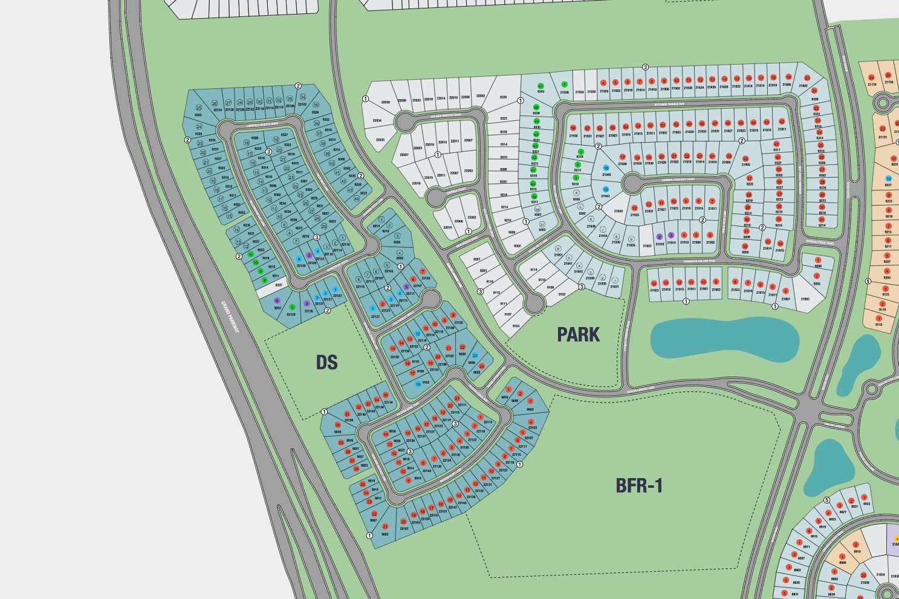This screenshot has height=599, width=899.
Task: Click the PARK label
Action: [x=578, y=334]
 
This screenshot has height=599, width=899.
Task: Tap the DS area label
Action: [x=326, y=362]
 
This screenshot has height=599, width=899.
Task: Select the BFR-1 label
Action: [x=639, y=485]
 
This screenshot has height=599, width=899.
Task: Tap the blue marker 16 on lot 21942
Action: [x=606, y=168]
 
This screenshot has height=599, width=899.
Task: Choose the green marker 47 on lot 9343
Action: [x=540, y=86]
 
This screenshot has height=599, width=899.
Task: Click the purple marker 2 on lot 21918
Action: [x=660, y=237]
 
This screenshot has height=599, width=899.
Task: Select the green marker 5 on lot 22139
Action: [x=292, y=307]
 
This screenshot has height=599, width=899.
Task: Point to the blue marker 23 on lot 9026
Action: [x=475, y=356]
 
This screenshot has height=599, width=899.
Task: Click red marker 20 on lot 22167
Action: [x=404, y=521]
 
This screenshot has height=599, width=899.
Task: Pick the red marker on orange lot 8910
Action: [x=855, y=545]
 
